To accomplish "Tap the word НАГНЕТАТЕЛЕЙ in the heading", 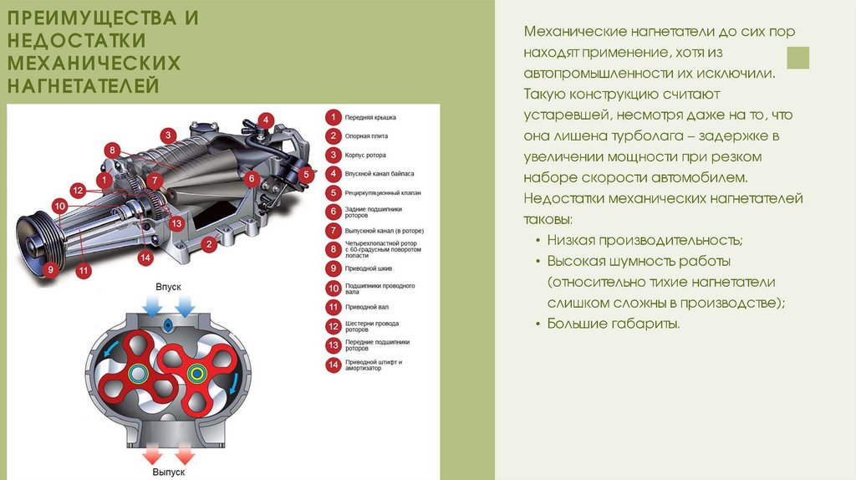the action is pyautogui.click(x=84, y=86).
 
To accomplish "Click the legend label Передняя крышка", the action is pyautogui.click(x=370, y=117).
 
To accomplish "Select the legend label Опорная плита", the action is pyautogui.click(x=366, y=136).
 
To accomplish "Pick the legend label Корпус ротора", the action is pyautogui.click(x=365, y=155).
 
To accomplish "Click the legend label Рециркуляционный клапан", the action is pyautogui.click(x=383, y=193).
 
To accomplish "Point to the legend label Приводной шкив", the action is pyautogui.click(x=369, y=268).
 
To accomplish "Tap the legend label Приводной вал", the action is pyautogui.click(x=367, y=307).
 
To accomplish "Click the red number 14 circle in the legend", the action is pyautogui.click(x=333, y=365).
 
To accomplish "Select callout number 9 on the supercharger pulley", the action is pyautogui.click(x=51, y=268).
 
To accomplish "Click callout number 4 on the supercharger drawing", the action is pyautogui.click(x=265, y=120).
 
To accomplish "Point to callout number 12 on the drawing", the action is pyautogui.click(x=78, y=190).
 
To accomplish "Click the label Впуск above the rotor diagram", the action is pyautogui.click(x=168, y=287).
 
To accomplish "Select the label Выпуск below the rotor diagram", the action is pyautogui.click(x=169, y=472).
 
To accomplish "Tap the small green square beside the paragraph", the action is pyautogui.click(x=798, y=58).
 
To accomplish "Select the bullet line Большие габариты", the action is pyautogui.click(x=614, y=324).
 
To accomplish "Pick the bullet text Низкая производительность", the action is pyautogui.click(x=645, y=240).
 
